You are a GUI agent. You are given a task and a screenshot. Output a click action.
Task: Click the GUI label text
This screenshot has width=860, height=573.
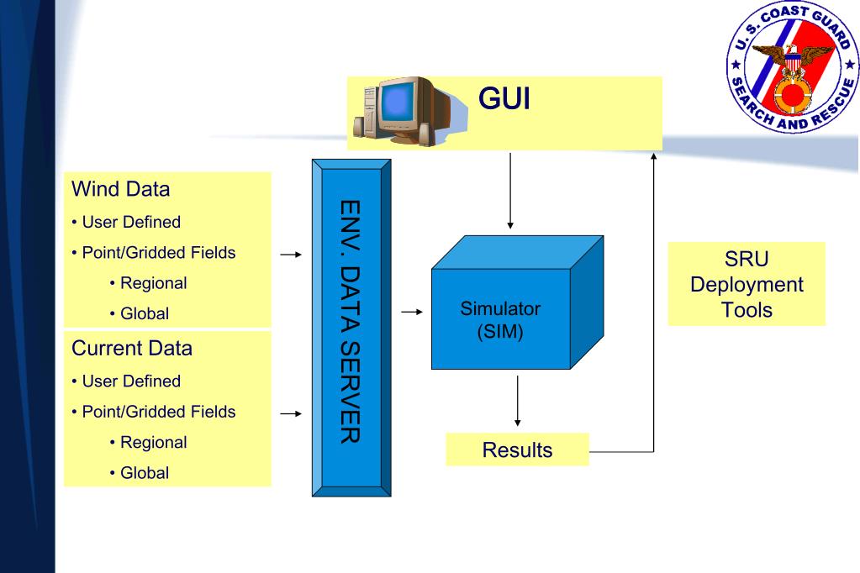(x=504, y=98)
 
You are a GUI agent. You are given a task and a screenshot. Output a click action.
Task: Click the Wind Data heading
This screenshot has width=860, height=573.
(x=121, y=189)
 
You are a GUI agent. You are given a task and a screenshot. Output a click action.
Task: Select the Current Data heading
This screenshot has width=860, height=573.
(x=132, y=348)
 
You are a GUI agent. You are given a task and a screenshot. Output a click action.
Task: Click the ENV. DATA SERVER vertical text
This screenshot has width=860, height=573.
(x=351, y=322)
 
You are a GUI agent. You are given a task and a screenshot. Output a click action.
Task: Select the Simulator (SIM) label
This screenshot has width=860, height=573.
(x=500, y=319)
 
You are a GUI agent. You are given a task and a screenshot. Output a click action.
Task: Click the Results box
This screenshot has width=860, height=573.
(x=517, y=449)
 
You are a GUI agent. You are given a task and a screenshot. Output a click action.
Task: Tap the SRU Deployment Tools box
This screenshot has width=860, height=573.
(x=747, y=284)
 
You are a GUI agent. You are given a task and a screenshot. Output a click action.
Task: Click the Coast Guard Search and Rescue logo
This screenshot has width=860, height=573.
(x=792, y=66)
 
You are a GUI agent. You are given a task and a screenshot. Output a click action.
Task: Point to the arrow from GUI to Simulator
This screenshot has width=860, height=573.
(x=510, y=191)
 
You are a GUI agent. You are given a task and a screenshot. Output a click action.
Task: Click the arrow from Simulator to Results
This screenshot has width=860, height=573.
(x=517, y=401)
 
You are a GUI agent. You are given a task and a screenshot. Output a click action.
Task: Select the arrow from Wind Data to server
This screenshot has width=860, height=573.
(x=291, y=255)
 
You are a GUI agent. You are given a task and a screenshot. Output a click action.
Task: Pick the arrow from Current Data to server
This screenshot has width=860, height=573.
(x=291, y=413)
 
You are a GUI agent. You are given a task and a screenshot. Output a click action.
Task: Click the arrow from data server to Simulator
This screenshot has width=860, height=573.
(x=412, y=312)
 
